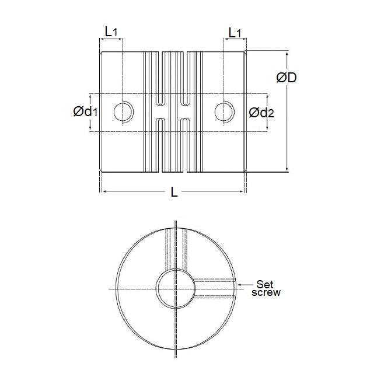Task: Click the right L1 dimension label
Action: click(235, 33)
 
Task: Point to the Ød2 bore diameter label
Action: click(260, 112)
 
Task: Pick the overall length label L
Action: click(174, 191)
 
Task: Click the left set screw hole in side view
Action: click(123, 111)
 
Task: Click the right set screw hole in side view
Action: click(223, 111)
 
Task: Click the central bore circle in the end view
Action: click(175, 288)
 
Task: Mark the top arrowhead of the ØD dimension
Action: click(287, 54)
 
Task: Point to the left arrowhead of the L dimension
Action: click(104, 190)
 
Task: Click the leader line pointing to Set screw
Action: click(240, 282)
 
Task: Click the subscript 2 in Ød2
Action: click(269, 114)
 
